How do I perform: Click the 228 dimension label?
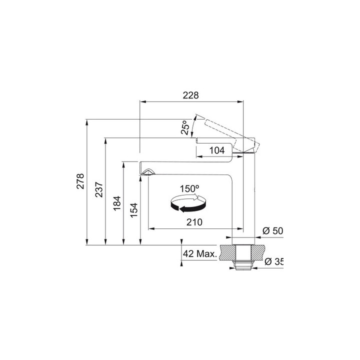pos(190,95)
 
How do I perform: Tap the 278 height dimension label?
pos(80,181)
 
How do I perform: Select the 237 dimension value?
pos(99,189)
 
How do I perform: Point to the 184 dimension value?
pos(117,203)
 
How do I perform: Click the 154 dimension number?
pos(134,210)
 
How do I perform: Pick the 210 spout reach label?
pos(194,222)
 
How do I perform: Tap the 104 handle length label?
pos(217,150)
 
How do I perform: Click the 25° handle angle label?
pos(185,127)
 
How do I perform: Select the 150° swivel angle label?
pos(189,188)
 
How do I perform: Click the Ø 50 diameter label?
pos(273,230)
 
